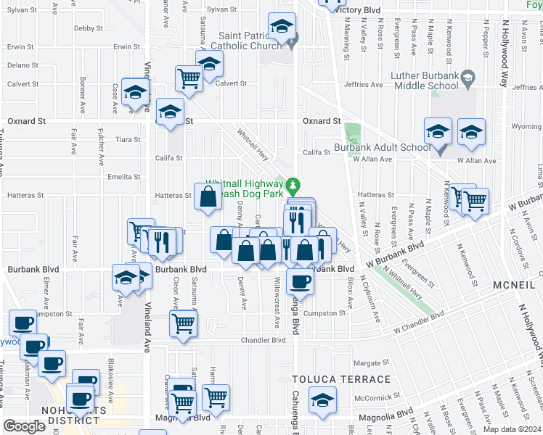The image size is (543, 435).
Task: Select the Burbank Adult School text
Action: pos(382,147)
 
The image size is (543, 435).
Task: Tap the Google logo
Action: pos(24,426)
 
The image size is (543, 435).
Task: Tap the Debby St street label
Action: pos(88,28)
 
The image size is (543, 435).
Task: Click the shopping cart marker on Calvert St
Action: pos(189,78)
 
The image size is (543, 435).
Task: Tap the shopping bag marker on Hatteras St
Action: pos(208,196)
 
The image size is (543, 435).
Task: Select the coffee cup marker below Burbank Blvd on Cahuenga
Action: pos(298,281)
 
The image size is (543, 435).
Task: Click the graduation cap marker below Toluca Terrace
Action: pos(323,399)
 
